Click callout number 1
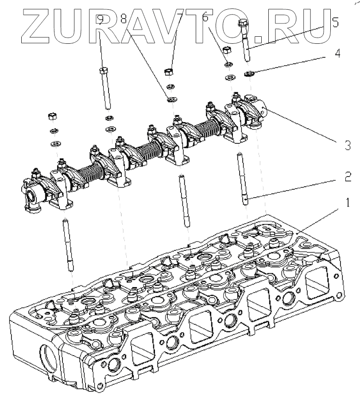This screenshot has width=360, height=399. click(348, 203)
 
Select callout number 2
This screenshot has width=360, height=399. click(348, 177)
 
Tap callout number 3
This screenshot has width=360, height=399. click(348, 145)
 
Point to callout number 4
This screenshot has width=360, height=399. click(338, 54)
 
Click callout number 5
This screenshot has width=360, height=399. click(335, 22)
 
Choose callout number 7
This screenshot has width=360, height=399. click(168, 19)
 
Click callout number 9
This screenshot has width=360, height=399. click(101, 19)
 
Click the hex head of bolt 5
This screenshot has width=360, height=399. click(243, 25)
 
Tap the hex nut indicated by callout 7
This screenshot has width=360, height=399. click(168, 71)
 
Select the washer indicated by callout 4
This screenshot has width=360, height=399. click(249, 73)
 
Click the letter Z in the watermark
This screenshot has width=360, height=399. click(35, 22)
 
